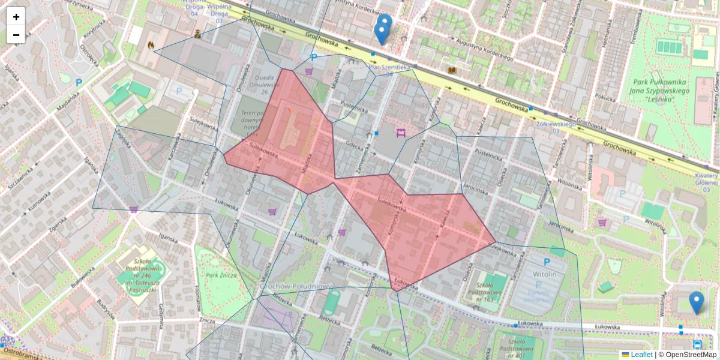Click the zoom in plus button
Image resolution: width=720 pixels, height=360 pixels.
(16, 17)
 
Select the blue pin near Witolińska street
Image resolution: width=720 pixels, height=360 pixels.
(696, 302)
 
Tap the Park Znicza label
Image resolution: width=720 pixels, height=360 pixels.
(221, 275)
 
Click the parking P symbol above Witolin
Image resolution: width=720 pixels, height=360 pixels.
(547, 262)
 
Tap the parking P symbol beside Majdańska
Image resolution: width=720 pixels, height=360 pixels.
(79, 82)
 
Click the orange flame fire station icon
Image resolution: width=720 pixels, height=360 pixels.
(151, 44)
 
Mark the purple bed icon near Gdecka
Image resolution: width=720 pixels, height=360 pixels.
(400, 131)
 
